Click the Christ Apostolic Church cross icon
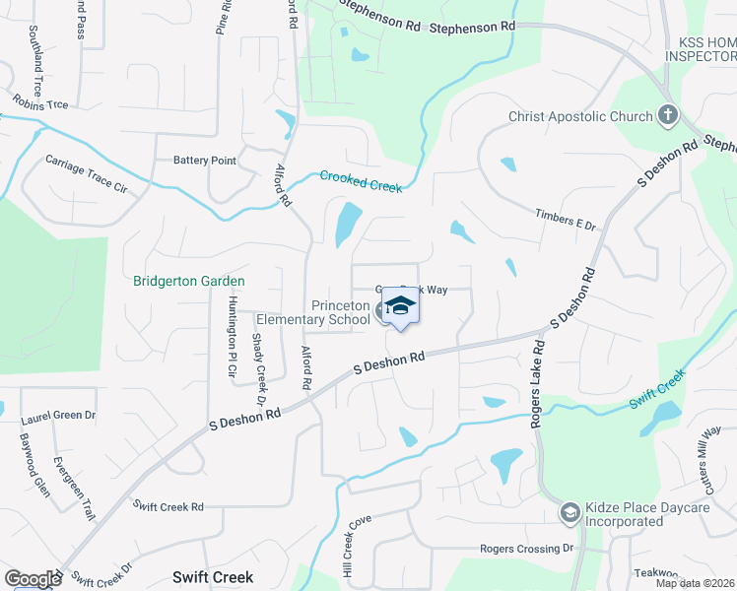pos(668,116)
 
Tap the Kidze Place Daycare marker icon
pos(569,513)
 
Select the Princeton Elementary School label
pos(313,312)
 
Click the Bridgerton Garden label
pos(188,281)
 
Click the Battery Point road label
pos(205,161)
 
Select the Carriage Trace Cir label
pos(87,173)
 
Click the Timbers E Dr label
pos(567,219)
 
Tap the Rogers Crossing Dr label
pos(526,548)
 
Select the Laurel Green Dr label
pos(58,417)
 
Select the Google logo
pos(32,579)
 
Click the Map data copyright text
pos(695,584)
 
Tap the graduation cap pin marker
pos(400,307)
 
